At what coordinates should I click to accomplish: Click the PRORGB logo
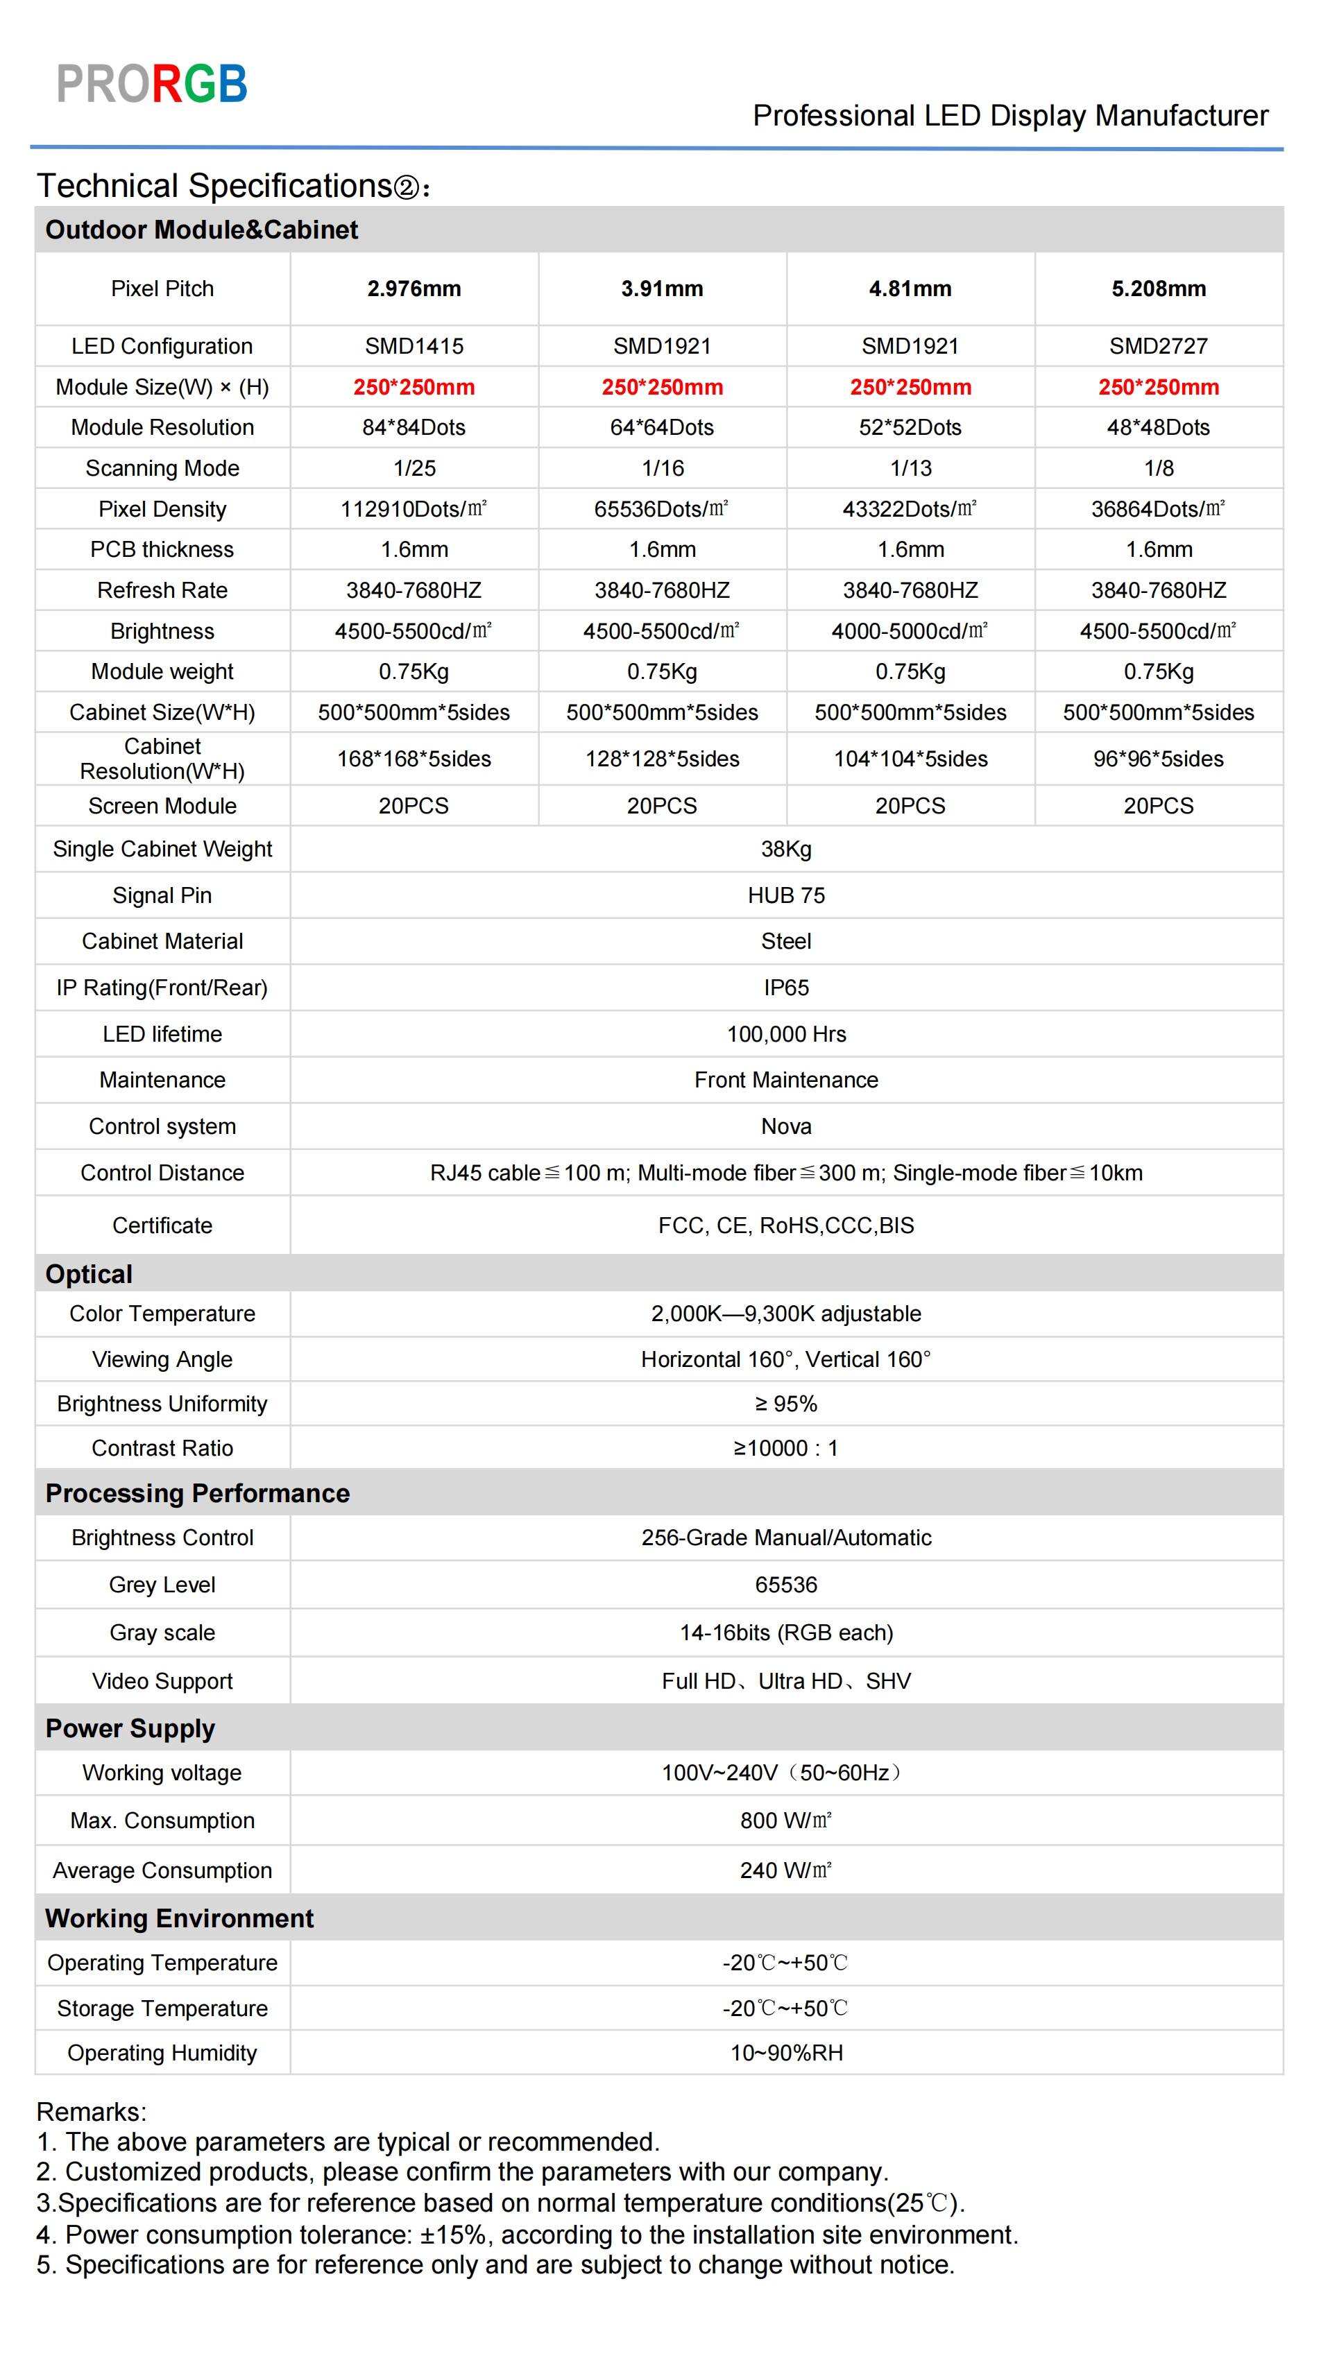click(x=152, y=84)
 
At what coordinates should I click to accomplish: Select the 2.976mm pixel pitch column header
click(x=414, y=289)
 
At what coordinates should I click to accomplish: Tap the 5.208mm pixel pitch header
click(x=1158, y=289)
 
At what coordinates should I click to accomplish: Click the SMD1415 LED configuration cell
click(x=414, y=346)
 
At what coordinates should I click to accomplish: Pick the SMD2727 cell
click(x=1158, y=346)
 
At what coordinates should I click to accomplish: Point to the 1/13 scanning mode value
click(x=910, y=469)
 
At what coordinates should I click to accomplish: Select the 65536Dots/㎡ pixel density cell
click(x=661, y=509)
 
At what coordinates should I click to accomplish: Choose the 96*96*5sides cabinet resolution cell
click(x=1158, y=759)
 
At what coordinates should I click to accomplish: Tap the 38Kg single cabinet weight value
click(x=785, y=850)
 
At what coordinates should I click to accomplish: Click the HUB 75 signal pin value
click(x=785, y=895)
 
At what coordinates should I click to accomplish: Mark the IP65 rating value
click(x=785, y=988)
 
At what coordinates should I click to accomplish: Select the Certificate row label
click(x=162, y=1225)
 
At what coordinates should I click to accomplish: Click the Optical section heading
click(x=89, y=1274)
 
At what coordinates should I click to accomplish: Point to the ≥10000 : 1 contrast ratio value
click(x=785, y=1448)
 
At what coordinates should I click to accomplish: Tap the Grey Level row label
click(x=162, y=1585)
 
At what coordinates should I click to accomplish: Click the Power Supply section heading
click(x=130, y=1728)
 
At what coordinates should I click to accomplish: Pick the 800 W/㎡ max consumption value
click(x=785, y=1821)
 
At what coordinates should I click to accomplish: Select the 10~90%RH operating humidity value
click(x=785, y=2053)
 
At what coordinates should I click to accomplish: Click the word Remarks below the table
click(x=91, y=2112)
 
